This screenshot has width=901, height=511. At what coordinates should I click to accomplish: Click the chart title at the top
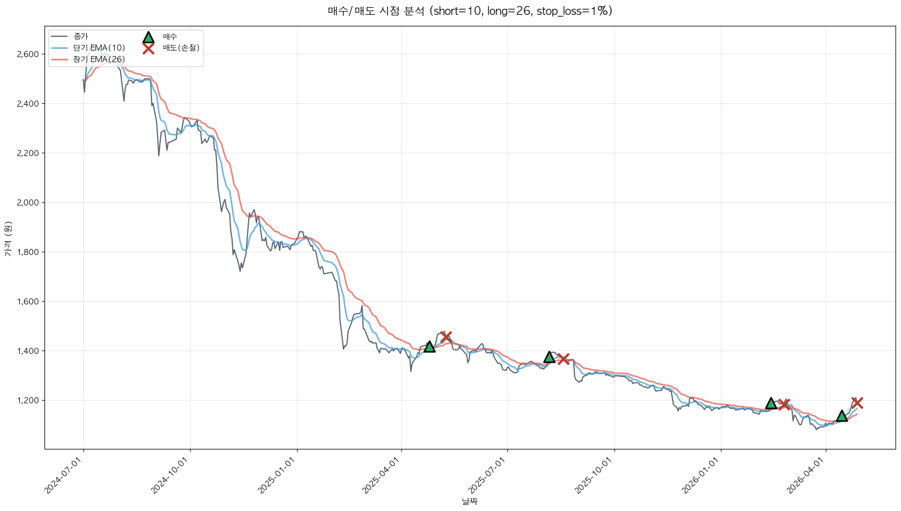(x=469, y=11)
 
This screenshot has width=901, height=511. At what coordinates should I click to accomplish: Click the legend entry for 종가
(x=80, y=36)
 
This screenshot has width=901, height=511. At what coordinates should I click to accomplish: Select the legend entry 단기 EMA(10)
(x=99, y=48)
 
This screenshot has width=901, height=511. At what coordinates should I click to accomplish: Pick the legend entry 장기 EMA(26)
(x=99, y=59)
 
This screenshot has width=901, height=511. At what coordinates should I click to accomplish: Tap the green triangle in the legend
(x=148, y=37)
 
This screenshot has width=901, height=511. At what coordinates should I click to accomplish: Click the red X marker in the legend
(x=148, y=48)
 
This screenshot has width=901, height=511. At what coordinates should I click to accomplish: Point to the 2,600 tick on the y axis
(x=27, y=54)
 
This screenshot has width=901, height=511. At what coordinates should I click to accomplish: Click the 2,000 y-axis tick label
(x=27, y=203)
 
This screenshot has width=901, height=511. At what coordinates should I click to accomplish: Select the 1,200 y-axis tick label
(x=27, y=401)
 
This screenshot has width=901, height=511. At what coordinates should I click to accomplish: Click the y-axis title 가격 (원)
(x=8, y=238)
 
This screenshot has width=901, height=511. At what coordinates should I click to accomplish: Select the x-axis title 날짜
(x=469, y=501)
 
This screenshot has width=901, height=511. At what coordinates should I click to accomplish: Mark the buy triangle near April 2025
(x=429, y=347)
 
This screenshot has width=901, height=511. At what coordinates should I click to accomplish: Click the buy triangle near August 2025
(x=549, y=357)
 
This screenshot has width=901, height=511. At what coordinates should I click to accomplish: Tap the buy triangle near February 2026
(x=771, y=403)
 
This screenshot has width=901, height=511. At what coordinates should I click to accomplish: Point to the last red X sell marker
(x=857, y=403)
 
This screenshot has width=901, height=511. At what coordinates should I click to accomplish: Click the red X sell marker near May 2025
(x=446, y=337)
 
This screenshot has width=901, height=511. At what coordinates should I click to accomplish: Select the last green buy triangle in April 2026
(x=842, y=416)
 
